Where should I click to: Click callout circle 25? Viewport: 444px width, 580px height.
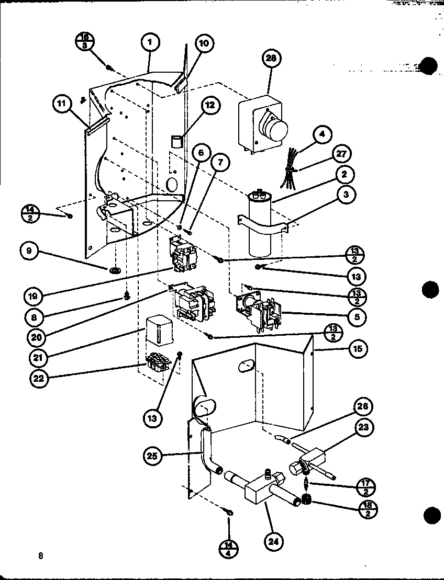pyautogui.click(x=152, y=456)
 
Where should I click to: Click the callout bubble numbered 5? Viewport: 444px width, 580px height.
pyautogui.click(x=359, y=316)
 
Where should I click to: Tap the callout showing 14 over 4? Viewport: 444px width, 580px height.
pyautogui.click(x=230, y=549)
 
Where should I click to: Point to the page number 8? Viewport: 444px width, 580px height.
pyautogui.click(x=40, y=555)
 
